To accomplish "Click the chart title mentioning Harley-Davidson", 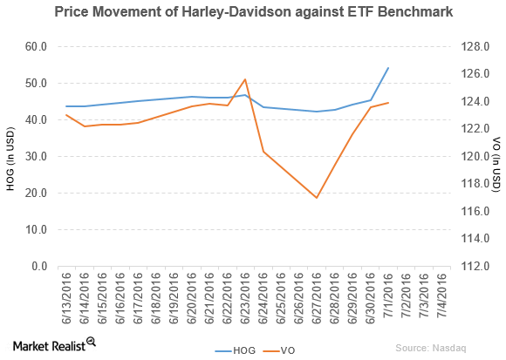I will [x=253, y=12].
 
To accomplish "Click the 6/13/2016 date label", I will [x=67, y=297].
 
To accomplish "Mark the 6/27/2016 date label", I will [x=318, y=297].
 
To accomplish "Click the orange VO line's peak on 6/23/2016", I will [x=245, y=79].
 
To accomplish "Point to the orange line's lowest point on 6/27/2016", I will [x=317, y=198].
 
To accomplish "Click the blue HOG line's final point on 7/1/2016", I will [x=388, y=68].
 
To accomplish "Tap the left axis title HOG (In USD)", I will [x=10, y=157].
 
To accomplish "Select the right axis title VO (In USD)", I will [x=496, y=157].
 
